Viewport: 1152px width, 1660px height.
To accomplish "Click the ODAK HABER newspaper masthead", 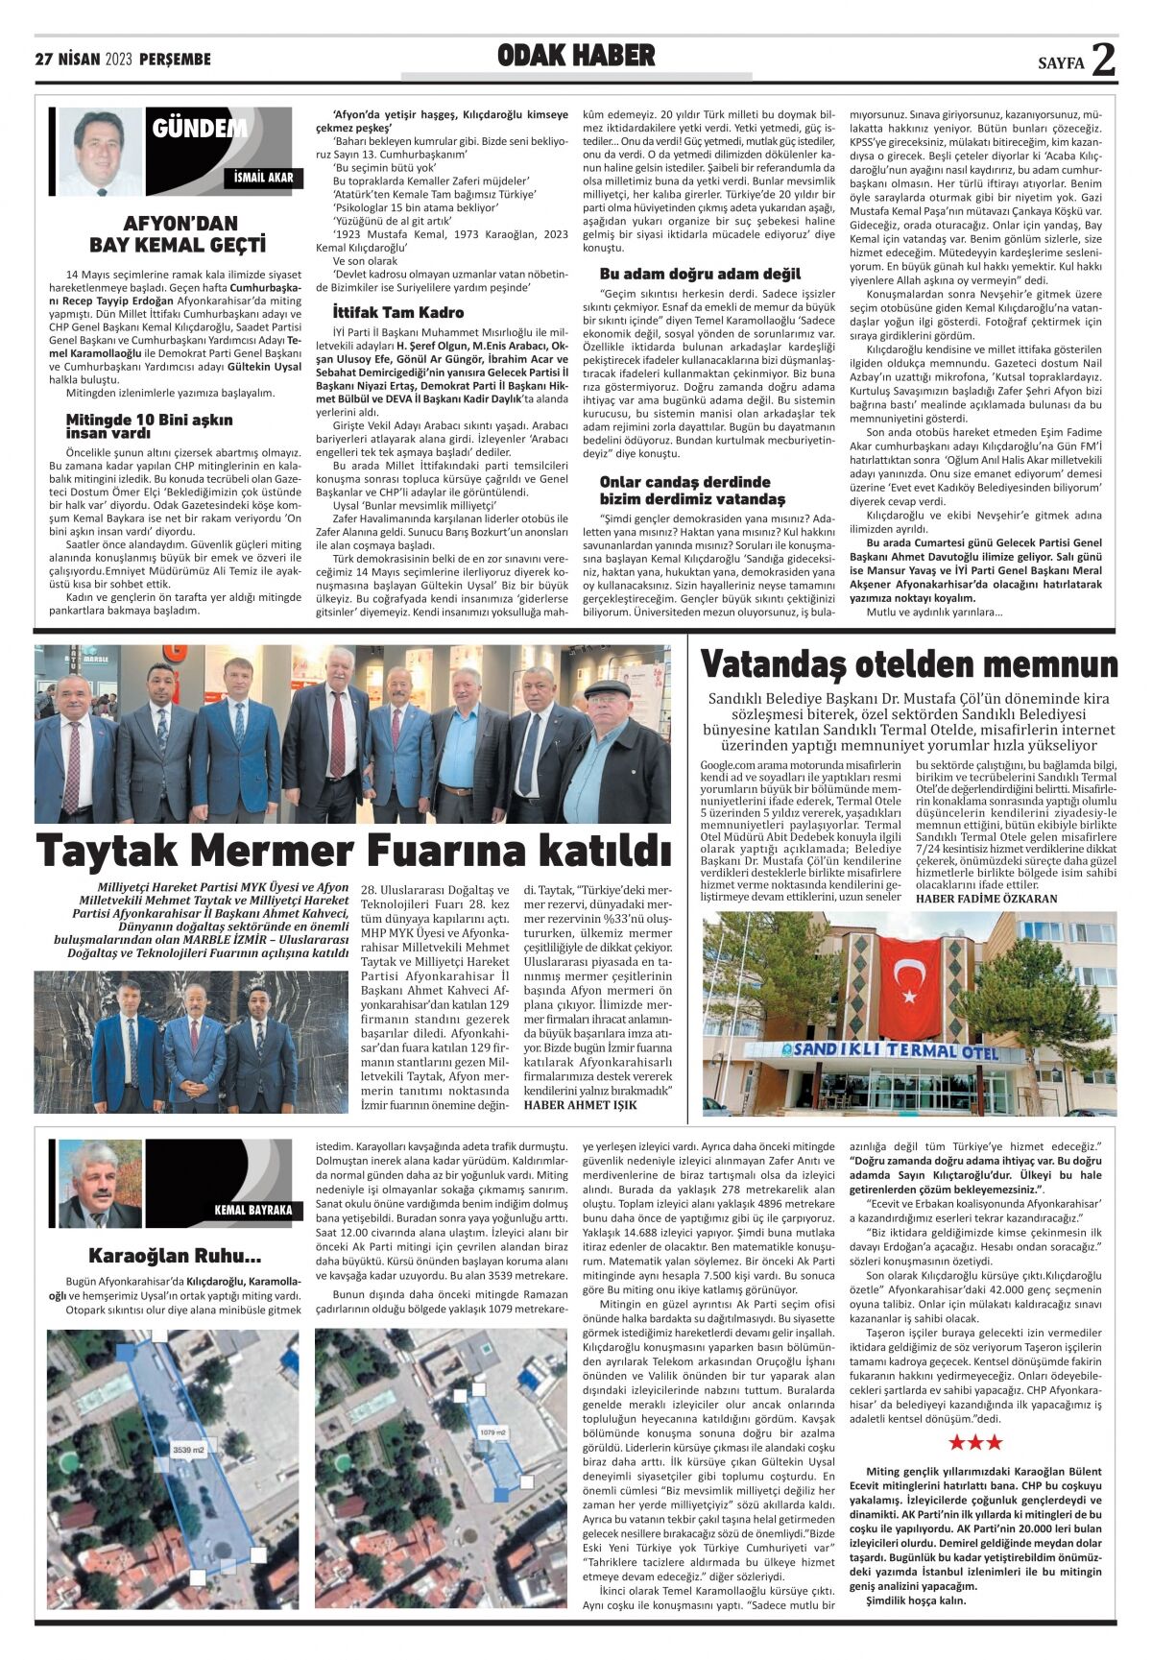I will [x=576, y=57].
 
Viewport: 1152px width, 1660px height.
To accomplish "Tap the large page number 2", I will [x=1103, y=60].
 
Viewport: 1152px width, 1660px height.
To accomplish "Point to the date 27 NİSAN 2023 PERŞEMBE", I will [x=123, y=60].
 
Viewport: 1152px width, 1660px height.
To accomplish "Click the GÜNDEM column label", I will [x=199, y=128].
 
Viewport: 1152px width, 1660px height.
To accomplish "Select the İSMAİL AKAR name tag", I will [x=263, y=178].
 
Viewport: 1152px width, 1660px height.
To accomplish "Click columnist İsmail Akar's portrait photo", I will [x=100, y=151].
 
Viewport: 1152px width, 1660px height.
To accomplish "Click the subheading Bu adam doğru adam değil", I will [x=700, y=274].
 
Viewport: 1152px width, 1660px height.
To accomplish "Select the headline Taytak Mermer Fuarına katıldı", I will [x=353, y=850].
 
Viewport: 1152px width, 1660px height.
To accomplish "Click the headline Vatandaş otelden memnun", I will [x=909, y=664].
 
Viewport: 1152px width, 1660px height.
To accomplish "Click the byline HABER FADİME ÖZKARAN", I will [x=987, y=899].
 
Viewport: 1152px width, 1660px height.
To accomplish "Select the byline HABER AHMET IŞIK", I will [x=580, y=1104].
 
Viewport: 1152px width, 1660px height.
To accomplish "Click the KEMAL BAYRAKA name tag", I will [x=252, y=1210].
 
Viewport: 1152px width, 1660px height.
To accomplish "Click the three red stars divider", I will [x=975, y=1442].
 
